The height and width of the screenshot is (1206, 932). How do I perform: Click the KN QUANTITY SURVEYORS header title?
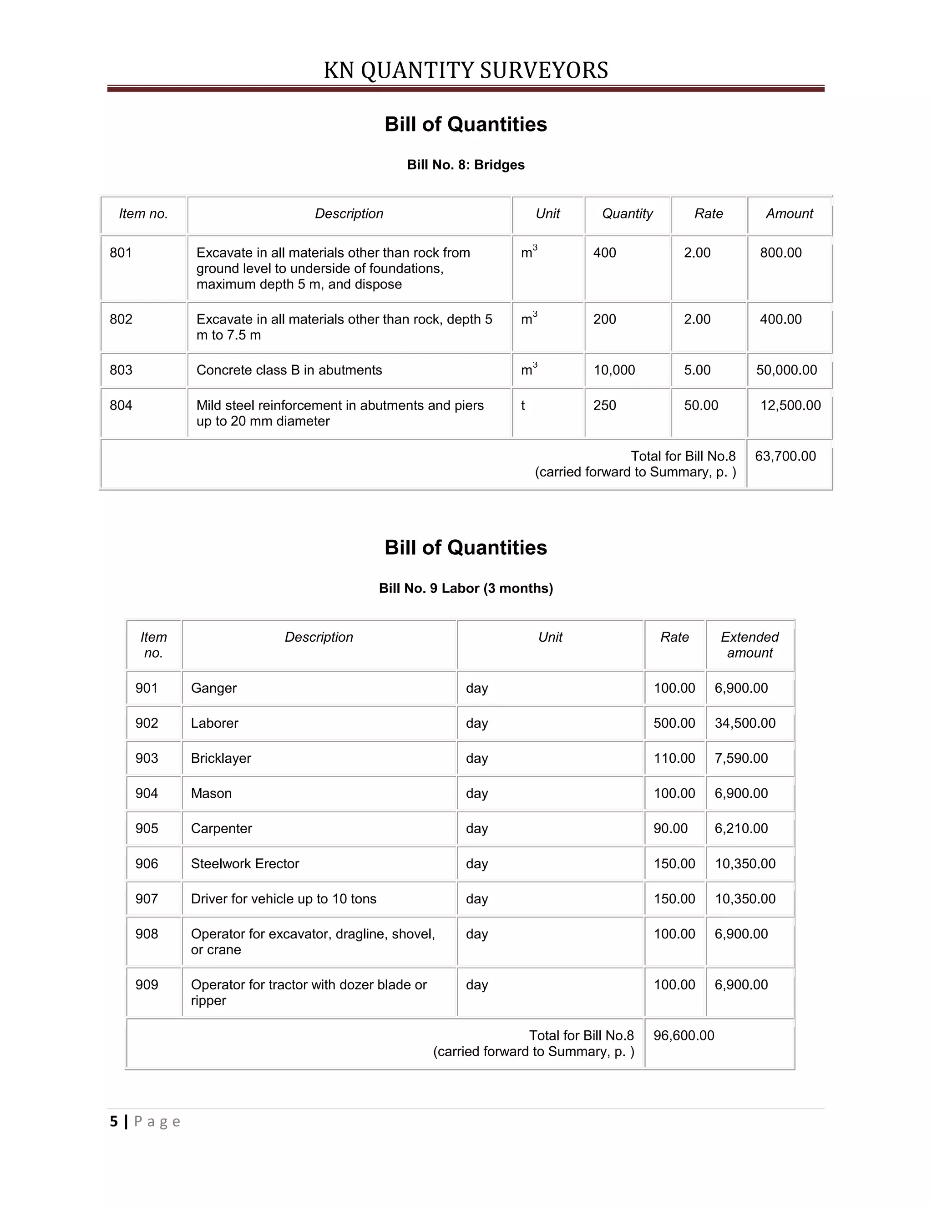pos(466,71)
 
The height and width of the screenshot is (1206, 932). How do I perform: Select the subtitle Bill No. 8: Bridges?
pos(466,165)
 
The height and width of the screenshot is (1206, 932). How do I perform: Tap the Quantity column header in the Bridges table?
pos(627,214)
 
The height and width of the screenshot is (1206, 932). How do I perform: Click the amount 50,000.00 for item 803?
pos(786,370)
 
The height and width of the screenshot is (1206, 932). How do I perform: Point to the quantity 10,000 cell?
pos(614,370)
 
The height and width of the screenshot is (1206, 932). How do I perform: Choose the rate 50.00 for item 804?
pos(701,405)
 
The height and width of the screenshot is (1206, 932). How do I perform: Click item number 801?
pos(121,253)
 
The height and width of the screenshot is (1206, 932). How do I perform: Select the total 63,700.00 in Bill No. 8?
pos(785,456)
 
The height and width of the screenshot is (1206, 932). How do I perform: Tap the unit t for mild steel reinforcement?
pos(523,405)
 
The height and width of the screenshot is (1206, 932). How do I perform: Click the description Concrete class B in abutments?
pos(289,370)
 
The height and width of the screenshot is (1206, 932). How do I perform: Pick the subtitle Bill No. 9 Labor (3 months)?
pos(466,588)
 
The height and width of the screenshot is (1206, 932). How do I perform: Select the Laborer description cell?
pos(214,724)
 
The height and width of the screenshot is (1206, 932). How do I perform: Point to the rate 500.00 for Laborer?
pos(674,724)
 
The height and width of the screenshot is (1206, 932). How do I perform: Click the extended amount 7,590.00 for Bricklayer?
pos(741,758)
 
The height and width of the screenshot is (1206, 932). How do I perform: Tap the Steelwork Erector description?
pos(244,864)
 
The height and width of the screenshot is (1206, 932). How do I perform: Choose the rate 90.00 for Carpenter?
pos(670,828)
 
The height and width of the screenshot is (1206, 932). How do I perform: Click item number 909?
pos(147,984)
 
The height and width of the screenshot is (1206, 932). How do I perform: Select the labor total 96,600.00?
pos(684,1035)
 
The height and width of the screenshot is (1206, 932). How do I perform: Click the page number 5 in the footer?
pos(114,1121)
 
